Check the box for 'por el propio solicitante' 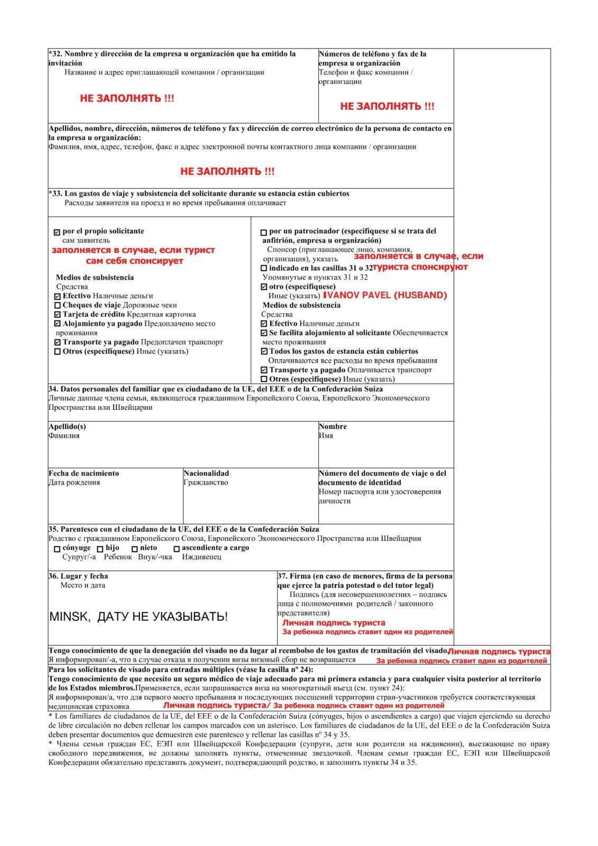pos(57,232)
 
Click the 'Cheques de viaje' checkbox pos(58,306)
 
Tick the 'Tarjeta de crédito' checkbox pos(58,315)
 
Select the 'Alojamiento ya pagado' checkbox pos(58,324)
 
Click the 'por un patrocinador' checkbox pos(264,232)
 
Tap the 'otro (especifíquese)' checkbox pos(264,287)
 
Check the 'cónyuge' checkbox pos(57,549)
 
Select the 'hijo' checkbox pos(100,549)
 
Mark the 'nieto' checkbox pos(135,549)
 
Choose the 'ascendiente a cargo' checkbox pos(177,549)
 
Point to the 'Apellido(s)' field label pos(67,427)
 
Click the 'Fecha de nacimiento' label pos(84,473)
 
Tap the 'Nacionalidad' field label pos(206,473)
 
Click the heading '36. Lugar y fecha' pos(78,576)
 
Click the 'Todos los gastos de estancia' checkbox pos(264,352)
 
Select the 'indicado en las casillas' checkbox pos(264,268)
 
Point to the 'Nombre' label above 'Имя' pos(333,427)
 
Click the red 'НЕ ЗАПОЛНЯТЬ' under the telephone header pos(387,106)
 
